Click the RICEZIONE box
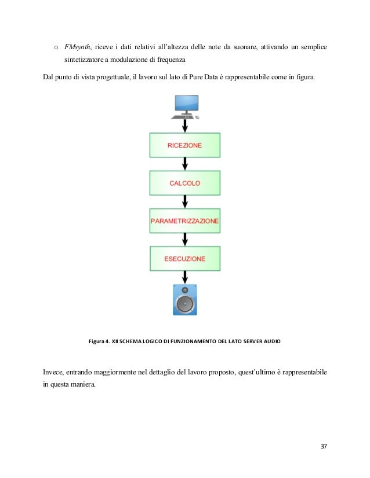[184, 145]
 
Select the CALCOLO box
[184, 183]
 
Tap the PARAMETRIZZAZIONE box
[184, 221]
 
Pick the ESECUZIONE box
[184, 259]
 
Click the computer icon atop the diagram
[186, 107]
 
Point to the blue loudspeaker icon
[184, 299]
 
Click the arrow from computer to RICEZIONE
[184, 126]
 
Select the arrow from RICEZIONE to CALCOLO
[184, 164]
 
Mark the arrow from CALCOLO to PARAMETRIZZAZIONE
[184, 202]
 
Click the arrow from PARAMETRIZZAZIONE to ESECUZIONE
[184, 240]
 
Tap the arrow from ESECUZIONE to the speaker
[184, 277]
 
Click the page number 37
[324, 446]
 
